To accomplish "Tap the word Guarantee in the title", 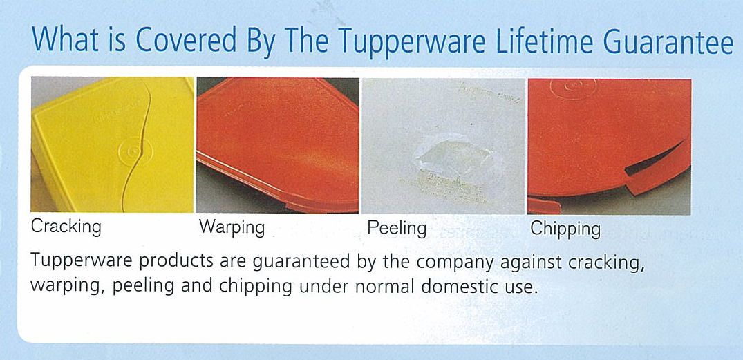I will click(668, 41).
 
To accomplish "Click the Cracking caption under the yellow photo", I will click(66, 226).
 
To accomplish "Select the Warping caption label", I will click(232, 227).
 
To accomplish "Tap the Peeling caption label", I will click(397, 227).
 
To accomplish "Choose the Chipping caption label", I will click(565, 229).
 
